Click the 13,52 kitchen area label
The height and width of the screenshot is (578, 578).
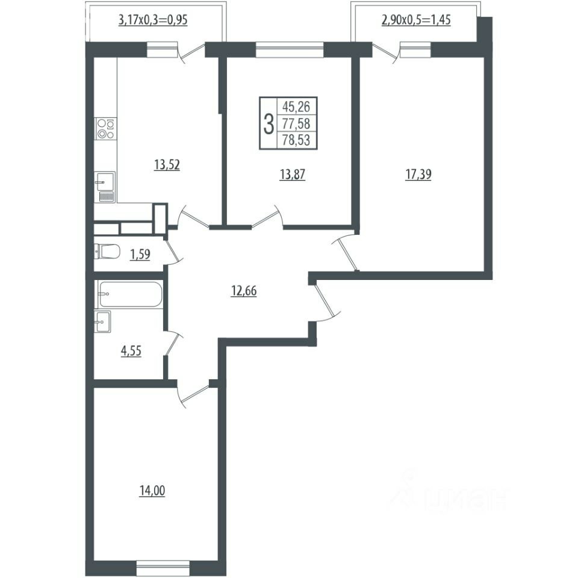tap(167, 165)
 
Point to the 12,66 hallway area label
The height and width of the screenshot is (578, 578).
tap(244, 291)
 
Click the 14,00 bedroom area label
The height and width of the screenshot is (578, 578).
tap(152, 491)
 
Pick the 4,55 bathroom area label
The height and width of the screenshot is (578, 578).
tap(131, 351)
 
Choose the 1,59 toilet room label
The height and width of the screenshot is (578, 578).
tap(140, 254)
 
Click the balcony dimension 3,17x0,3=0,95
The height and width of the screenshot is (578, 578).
tap(153, 20)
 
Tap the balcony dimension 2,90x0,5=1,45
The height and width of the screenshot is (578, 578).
tap(416, 19)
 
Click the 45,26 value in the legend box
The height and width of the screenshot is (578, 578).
tap(296, 107)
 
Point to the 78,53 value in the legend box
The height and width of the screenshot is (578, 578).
tap(296, 140)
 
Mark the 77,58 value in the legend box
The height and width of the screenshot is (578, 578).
tap(296, 123)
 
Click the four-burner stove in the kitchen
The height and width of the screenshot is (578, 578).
tap(106, 129)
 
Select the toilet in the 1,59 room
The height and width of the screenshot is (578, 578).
tap(107, 252)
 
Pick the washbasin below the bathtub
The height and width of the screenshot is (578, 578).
tap(103, 322)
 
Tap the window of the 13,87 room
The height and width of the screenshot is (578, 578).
tap(290, 50)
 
